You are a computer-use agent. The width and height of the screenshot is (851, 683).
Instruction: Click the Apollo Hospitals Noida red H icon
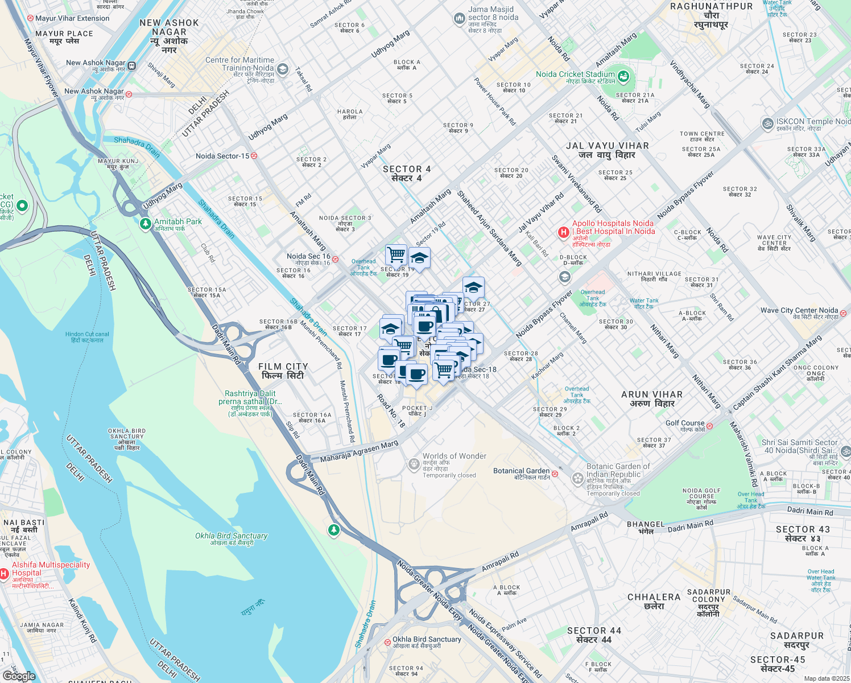[x=563, y=232]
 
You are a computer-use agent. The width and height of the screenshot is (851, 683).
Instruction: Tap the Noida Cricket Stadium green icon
[x=623, y=76]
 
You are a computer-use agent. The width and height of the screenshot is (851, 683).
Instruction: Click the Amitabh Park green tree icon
[x=146, y=224]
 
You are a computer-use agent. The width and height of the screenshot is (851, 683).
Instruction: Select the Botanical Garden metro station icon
[x=555, y=474]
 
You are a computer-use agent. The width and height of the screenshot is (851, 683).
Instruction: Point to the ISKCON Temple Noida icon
[x=767, y=123]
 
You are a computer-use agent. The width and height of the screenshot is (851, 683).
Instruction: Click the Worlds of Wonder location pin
[x=414, y=464]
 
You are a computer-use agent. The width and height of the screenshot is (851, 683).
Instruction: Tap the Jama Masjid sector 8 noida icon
[x=459, y=19]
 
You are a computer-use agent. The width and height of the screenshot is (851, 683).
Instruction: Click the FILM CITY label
[x=283, y=371]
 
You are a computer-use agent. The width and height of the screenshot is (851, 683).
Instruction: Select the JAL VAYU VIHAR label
[x=607, y=150]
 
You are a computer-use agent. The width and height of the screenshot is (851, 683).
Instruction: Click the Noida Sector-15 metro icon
[x=254, y=155]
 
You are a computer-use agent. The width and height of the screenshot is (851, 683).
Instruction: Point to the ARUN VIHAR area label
[x=652, y=398]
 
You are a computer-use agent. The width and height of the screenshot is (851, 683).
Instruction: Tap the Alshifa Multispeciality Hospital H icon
[x=5, y=573]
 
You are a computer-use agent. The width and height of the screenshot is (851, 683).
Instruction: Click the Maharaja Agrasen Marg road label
[x=359, y=451]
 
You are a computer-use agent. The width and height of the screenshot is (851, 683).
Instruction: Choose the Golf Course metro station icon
[x=709, y=425]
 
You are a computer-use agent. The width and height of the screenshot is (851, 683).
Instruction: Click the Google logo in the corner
[x=19, y=676]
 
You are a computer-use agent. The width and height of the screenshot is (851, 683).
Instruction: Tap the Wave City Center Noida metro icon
[x=843, y=312]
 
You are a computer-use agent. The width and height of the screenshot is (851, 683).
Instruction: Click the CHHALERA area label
[x=654, y=601]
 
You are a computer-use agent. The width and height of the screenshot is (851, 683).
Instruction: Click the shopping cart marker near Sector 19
[x=396, y=254]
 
